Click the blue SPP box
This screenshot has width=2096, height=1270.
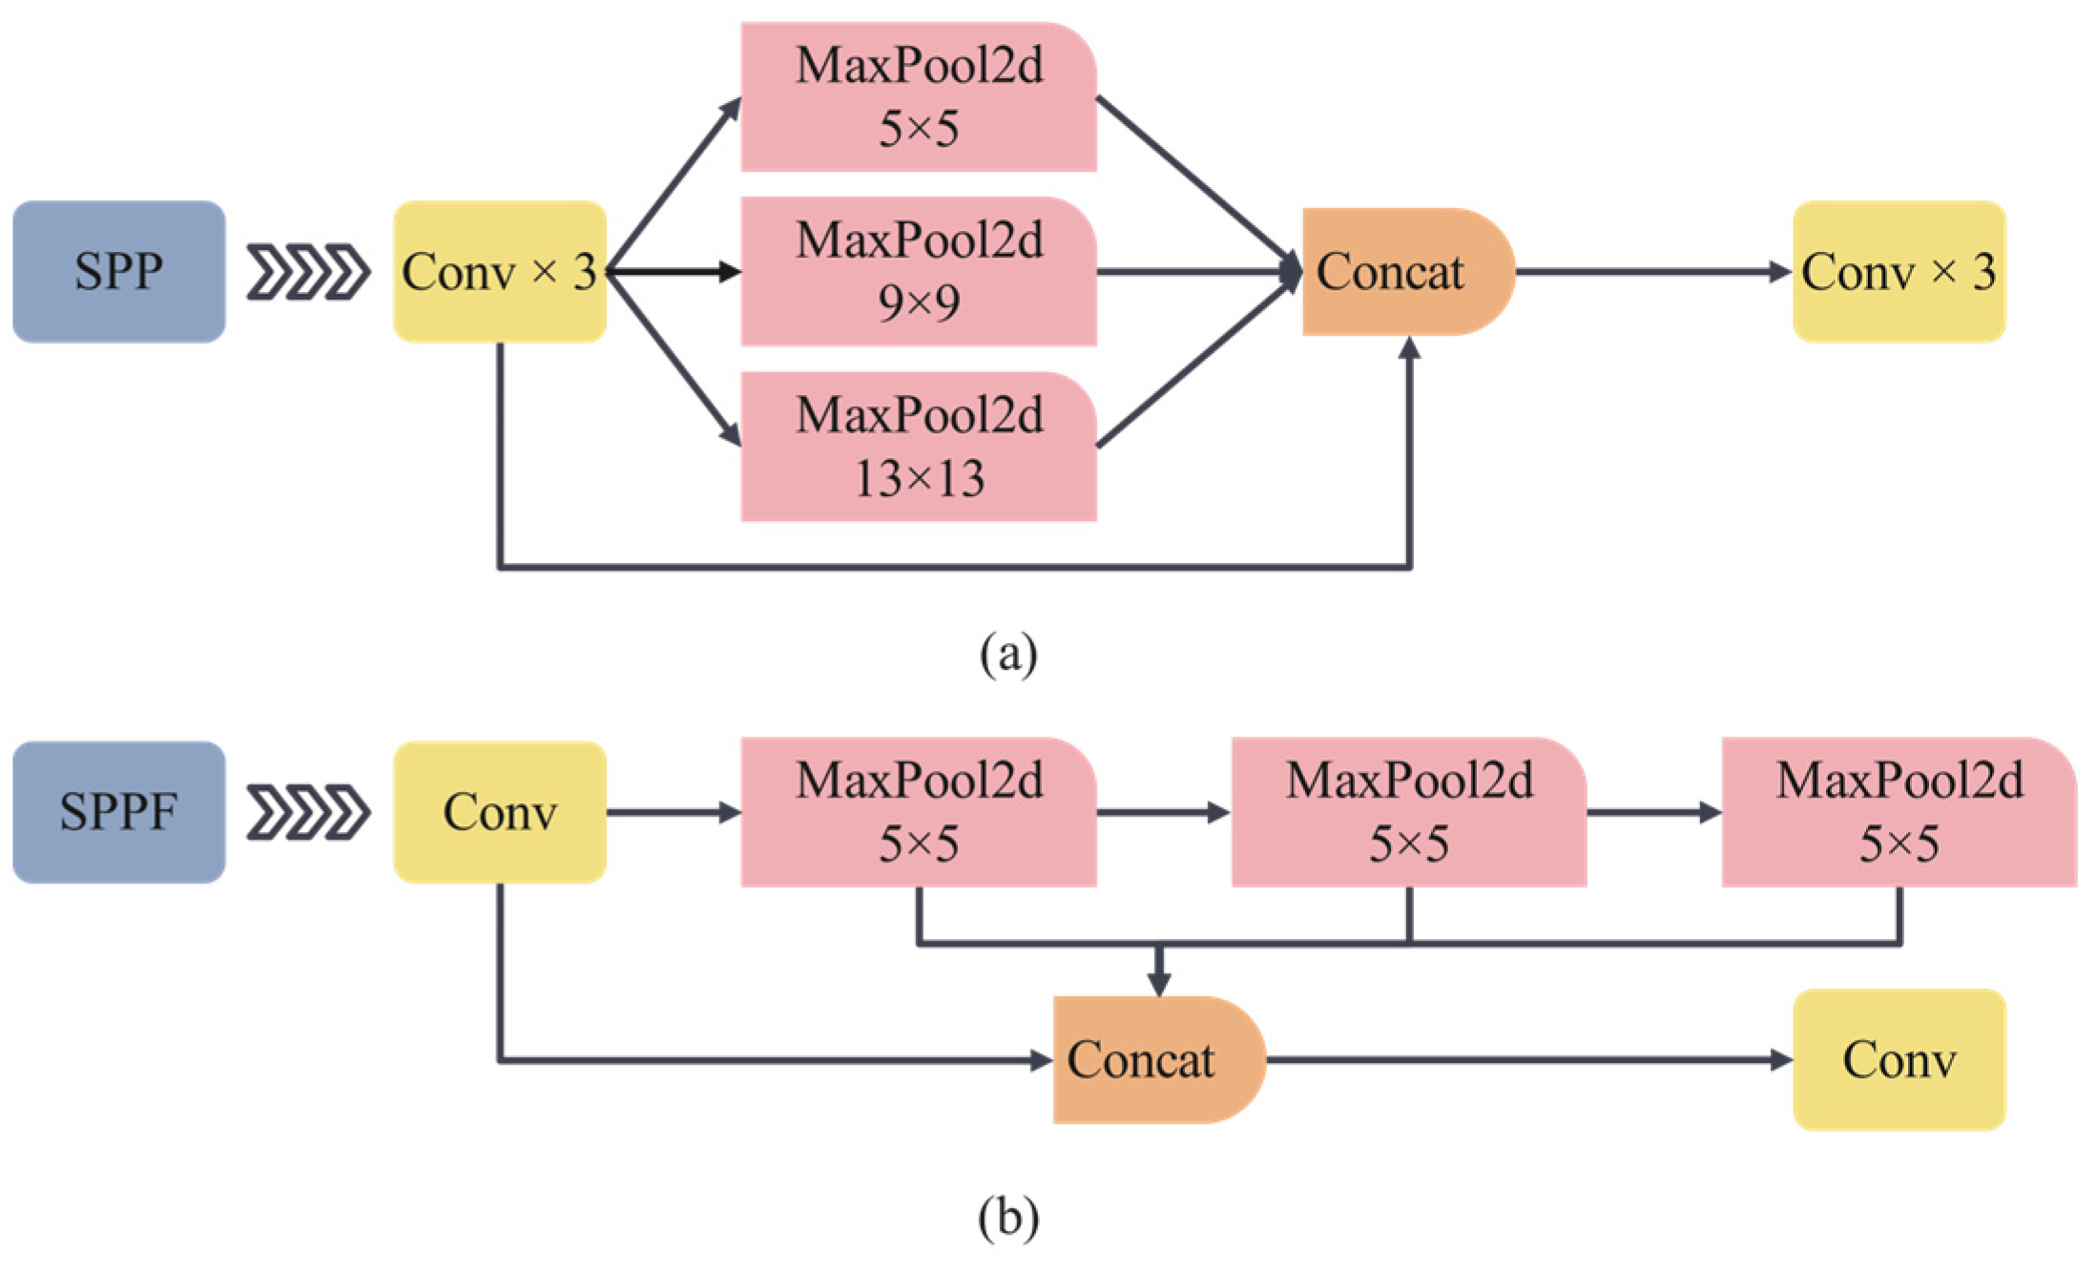[x=118, y=272]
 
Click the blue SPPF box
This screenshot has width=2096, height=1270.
[x=118, y=812]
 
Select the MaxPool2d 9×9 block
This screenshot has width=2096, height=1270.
[x=918, y=272]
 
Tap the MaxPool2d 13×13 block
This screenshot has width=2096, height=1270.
[x=918, y=447]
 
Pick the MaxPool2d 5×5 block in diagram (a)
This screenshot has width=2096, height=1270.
[x=918, y=97]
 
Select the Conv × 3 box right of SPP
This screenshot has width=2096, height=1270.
[x=499, y=272]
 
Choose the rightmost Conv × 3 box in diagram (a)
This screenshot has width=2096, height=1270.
[x=1899, y=272]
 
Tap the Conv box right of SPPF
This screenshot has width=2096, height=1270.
[x=499, y=812]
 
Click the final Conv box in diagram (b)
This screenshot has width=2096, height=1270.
[x=1899, y=1060]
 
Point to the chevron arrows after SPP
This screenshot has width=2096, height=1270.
[x=308, y=272]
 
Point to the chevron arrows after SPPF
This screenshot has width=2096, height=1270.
[x=308, y=812]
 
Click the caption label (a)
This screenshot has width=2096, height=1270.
[x=1008, y=655]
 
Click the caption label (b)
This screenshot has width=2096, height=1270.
[x=1008, y=1218]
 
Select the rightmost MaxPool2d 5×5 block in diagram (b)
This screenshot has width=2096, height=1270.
[x=1899, y=812]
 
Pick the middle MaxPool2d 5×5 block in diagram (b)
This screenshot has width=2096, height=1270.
[x=1408, y=812]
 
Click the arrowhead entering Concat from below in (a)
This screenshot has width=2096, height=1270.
[x=1410, y=349]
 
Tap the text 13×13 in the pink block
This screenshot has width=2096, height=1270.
[x=919, y=479]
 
